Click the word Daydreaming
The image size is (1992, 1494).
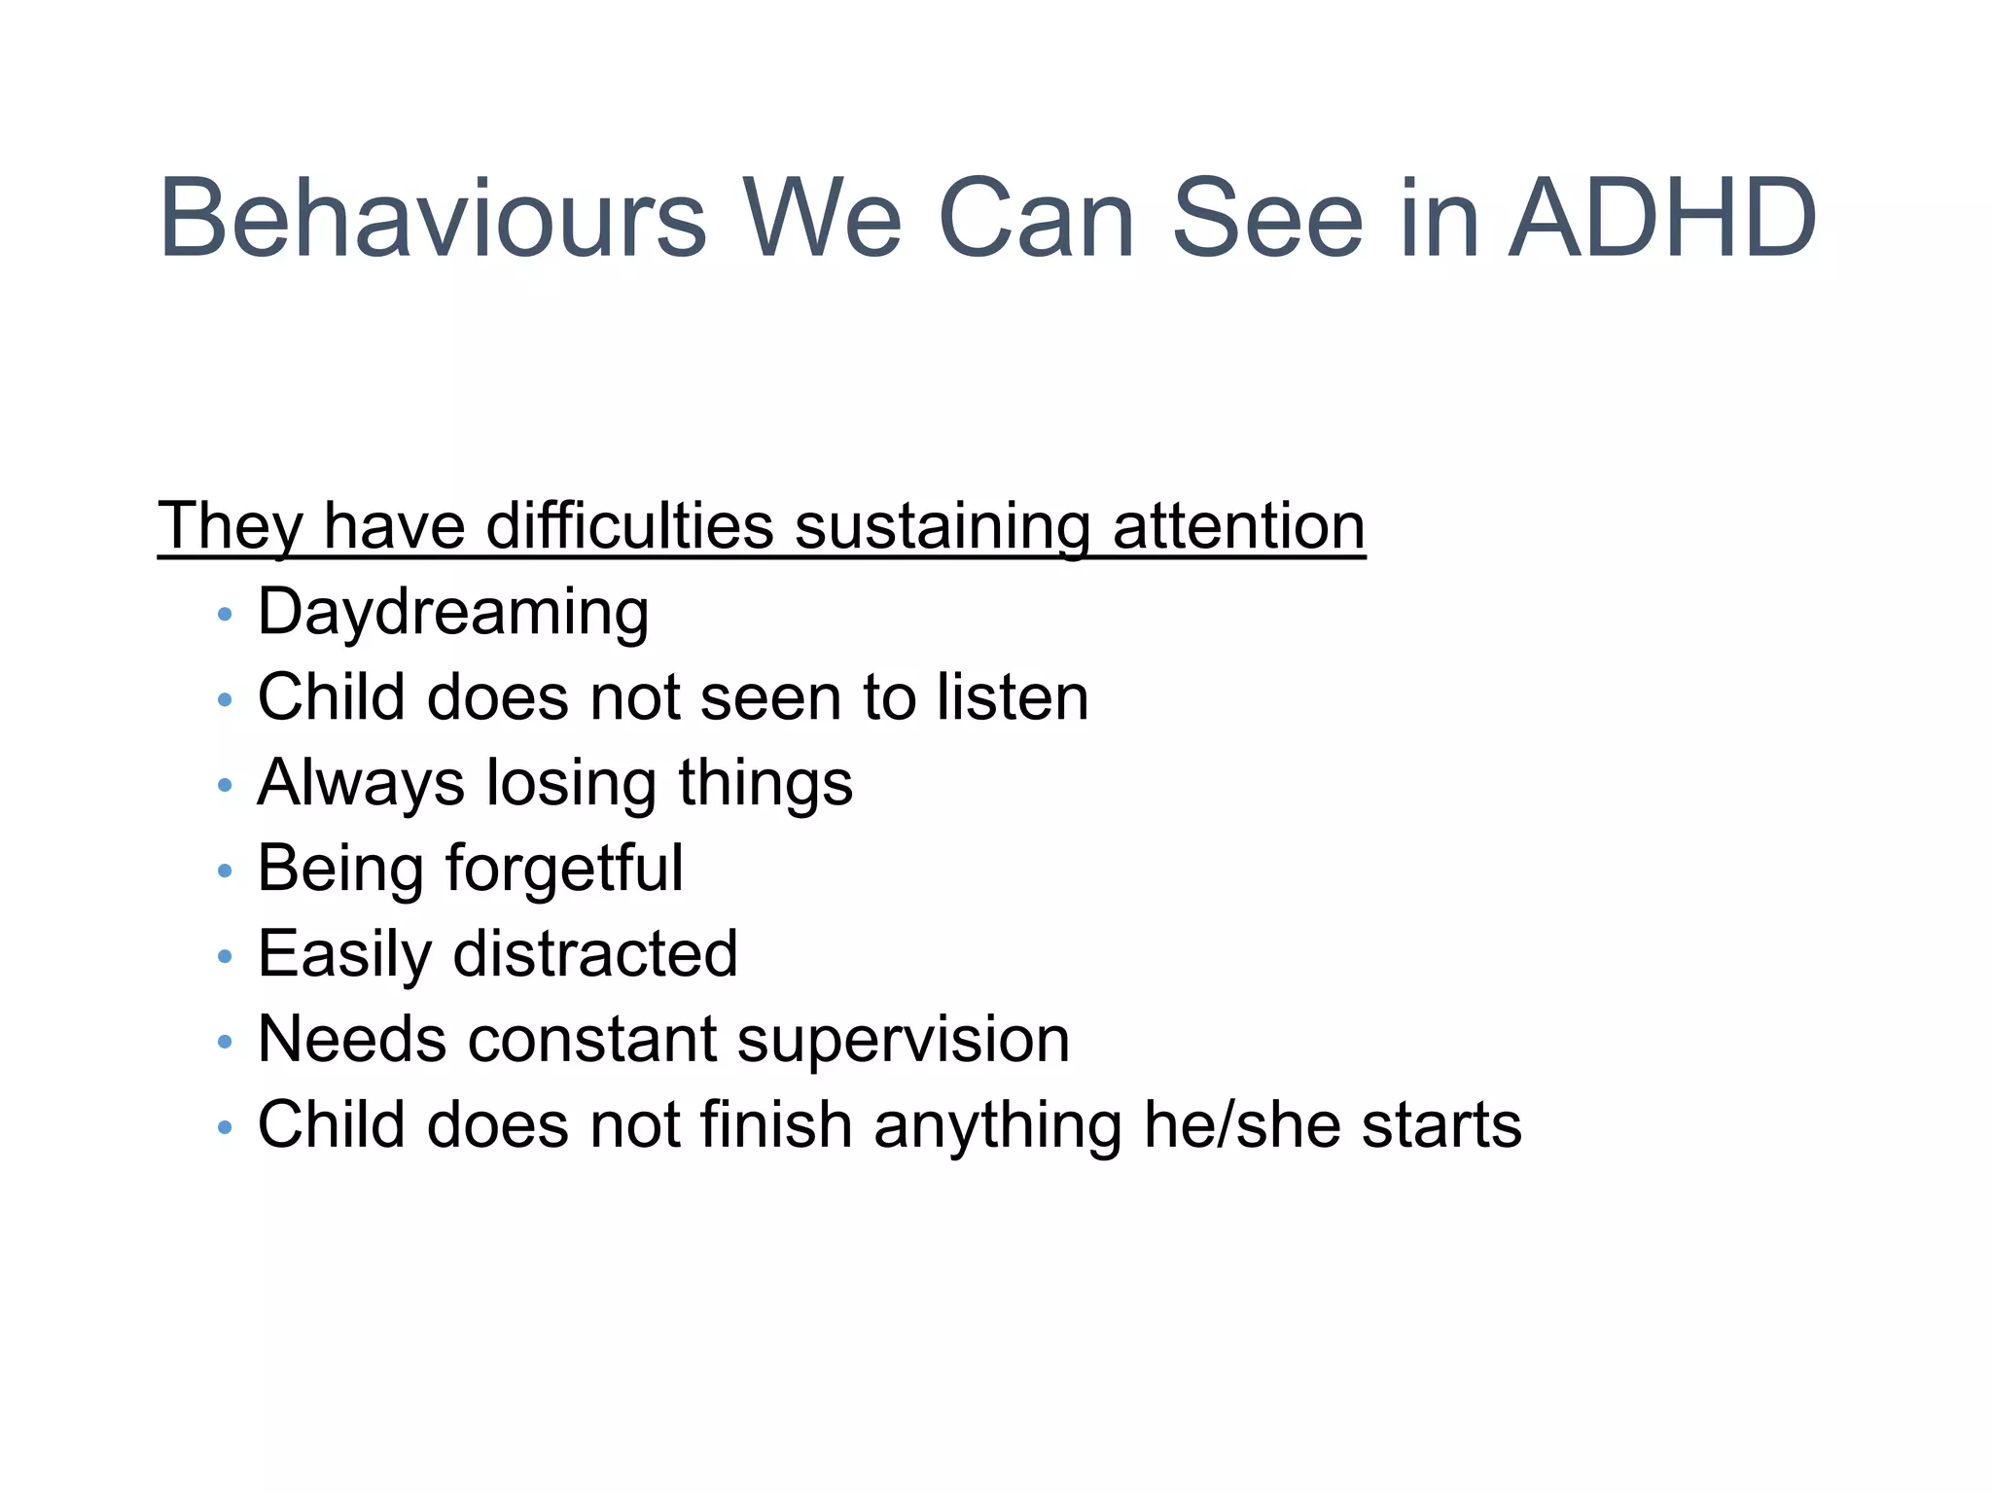point(453,614)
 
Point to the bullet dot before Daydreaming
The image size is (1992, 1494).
point(226,615)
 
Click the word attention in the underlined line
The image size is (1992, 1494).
point(1238,526)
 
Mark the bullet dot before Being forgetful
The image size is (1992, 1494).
point(226,871)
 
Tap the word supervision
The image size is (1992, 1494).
point(904,1040)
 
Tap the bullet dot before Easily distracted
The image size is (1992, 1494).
point(226,956)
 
